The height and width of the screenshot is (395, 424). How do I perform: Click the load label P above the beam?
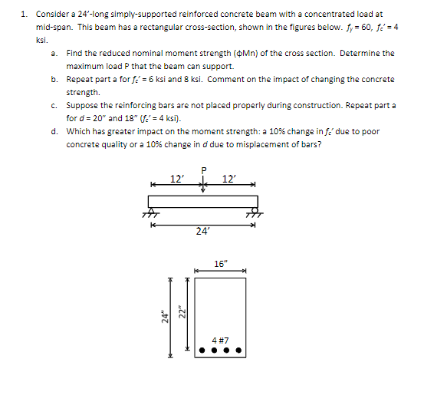203,171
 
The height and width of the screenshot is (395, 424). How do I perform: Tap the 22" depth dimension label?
181,314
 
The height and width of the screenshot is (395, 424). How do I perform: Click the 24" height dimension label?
164,315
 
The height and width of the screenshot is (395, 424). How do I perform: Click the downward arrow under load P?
203,186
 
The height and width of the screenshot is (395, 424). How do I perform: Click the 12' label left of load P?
176,179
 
